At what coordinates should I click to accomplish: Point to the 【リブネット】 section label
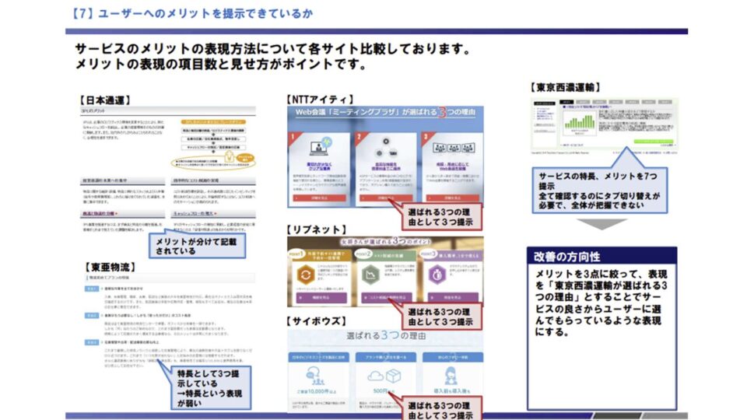coord(320,230)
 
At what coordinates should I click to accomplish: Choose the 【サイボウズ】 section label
coord(320,321)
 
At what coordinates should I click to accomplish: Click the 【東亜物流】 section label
coord(105,267)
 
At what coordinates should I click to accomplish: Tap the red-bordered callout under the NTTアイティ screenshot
coord(441,215)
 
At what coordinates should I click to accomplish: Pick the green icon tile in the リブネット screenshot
coord(369,276)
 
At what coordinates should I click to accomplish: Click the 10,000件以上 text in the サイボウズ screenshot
coord(314,390)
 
